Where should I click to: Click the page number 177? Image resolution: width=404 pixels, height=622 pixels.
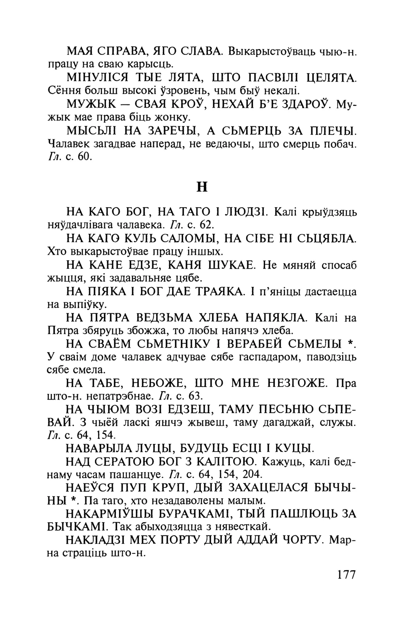tap(346, 575)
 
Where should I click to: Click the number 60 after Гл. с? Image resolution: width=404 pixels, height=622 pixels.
tap(85, 157)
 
